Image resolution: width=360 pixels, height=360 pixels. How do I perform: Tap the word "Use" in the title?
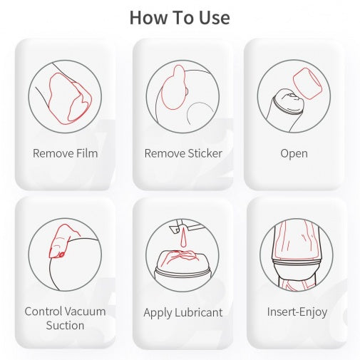tap(215, 18)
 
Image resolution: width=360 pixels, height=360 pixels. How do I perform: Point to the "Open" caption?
tap(294, 153)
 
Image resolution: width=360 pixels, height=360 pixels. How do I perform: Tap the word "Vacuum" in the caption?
tap(85, 312)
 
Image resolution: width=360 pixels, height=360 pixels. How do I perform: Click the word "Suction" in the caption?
tap(65, 325)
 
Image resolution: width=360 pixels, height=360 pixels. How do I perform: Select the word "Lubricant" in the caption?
tap(199, 312)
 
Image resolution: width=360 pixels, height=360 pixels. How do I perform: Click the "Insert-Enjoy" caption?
tap(297, 312)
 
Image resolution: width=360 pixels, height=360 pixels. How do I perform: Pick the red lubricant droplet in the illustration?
tap(184, 238)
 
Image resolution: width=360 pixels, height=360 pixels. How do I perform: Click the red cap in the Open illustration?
tap(307, 83)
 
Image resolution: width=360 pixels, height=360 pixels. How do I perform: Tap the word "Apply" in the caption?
tap(158, 313)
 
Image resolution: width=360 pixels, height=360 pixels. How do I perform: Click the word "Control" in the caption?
tap(43, 312)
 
